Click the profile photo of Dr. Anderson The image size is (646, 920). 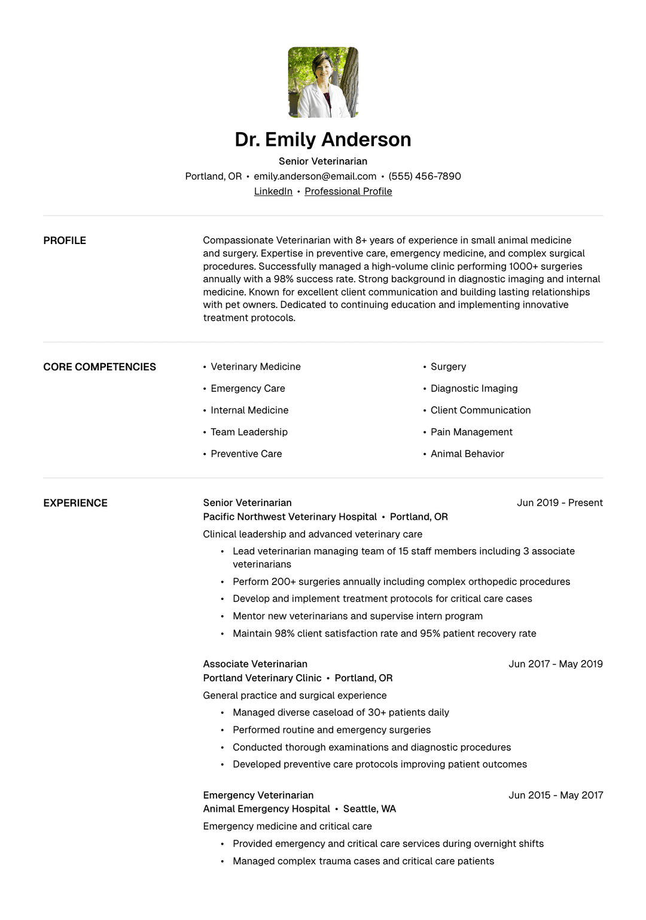click(323, 82)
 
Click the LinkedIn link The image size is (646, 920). click(273, 191)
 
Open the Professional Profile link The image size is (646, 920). click(348, 191)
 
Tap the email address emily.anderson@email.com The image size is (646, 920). click(315, 176)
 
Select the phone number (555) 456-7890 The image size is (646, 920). click(425, 176)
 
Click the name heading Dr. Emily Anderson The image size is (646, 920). click(323, 139)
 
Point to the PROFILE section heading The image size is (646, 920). click(65, 240)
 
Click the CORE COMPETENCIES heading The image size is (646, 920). click(99, 367)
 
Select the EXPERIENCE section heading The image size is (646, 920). click(75, 503)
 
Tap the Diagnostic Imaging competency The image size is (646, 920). click(474, 389)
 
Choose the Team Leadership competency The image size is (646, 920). click(249, 432)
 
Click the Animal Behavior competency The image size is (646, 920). click(467, 454)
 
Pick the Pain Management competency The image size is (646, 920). click(471, 432)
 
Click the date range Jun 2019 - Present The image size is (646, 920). click(559, 503)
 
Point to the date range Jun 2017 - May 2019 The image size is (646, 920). click(555, 664)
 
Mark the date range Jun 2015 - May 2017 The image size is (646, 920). click(555, 795)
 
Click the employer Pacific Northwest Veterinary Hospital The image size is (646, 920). click(290, 517)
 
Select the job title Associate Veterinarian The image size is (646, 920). click(255, 664)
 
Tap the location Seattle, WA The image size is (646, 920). click(369, 809)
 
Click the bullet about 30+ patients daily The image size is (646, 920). click(340, 712)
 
